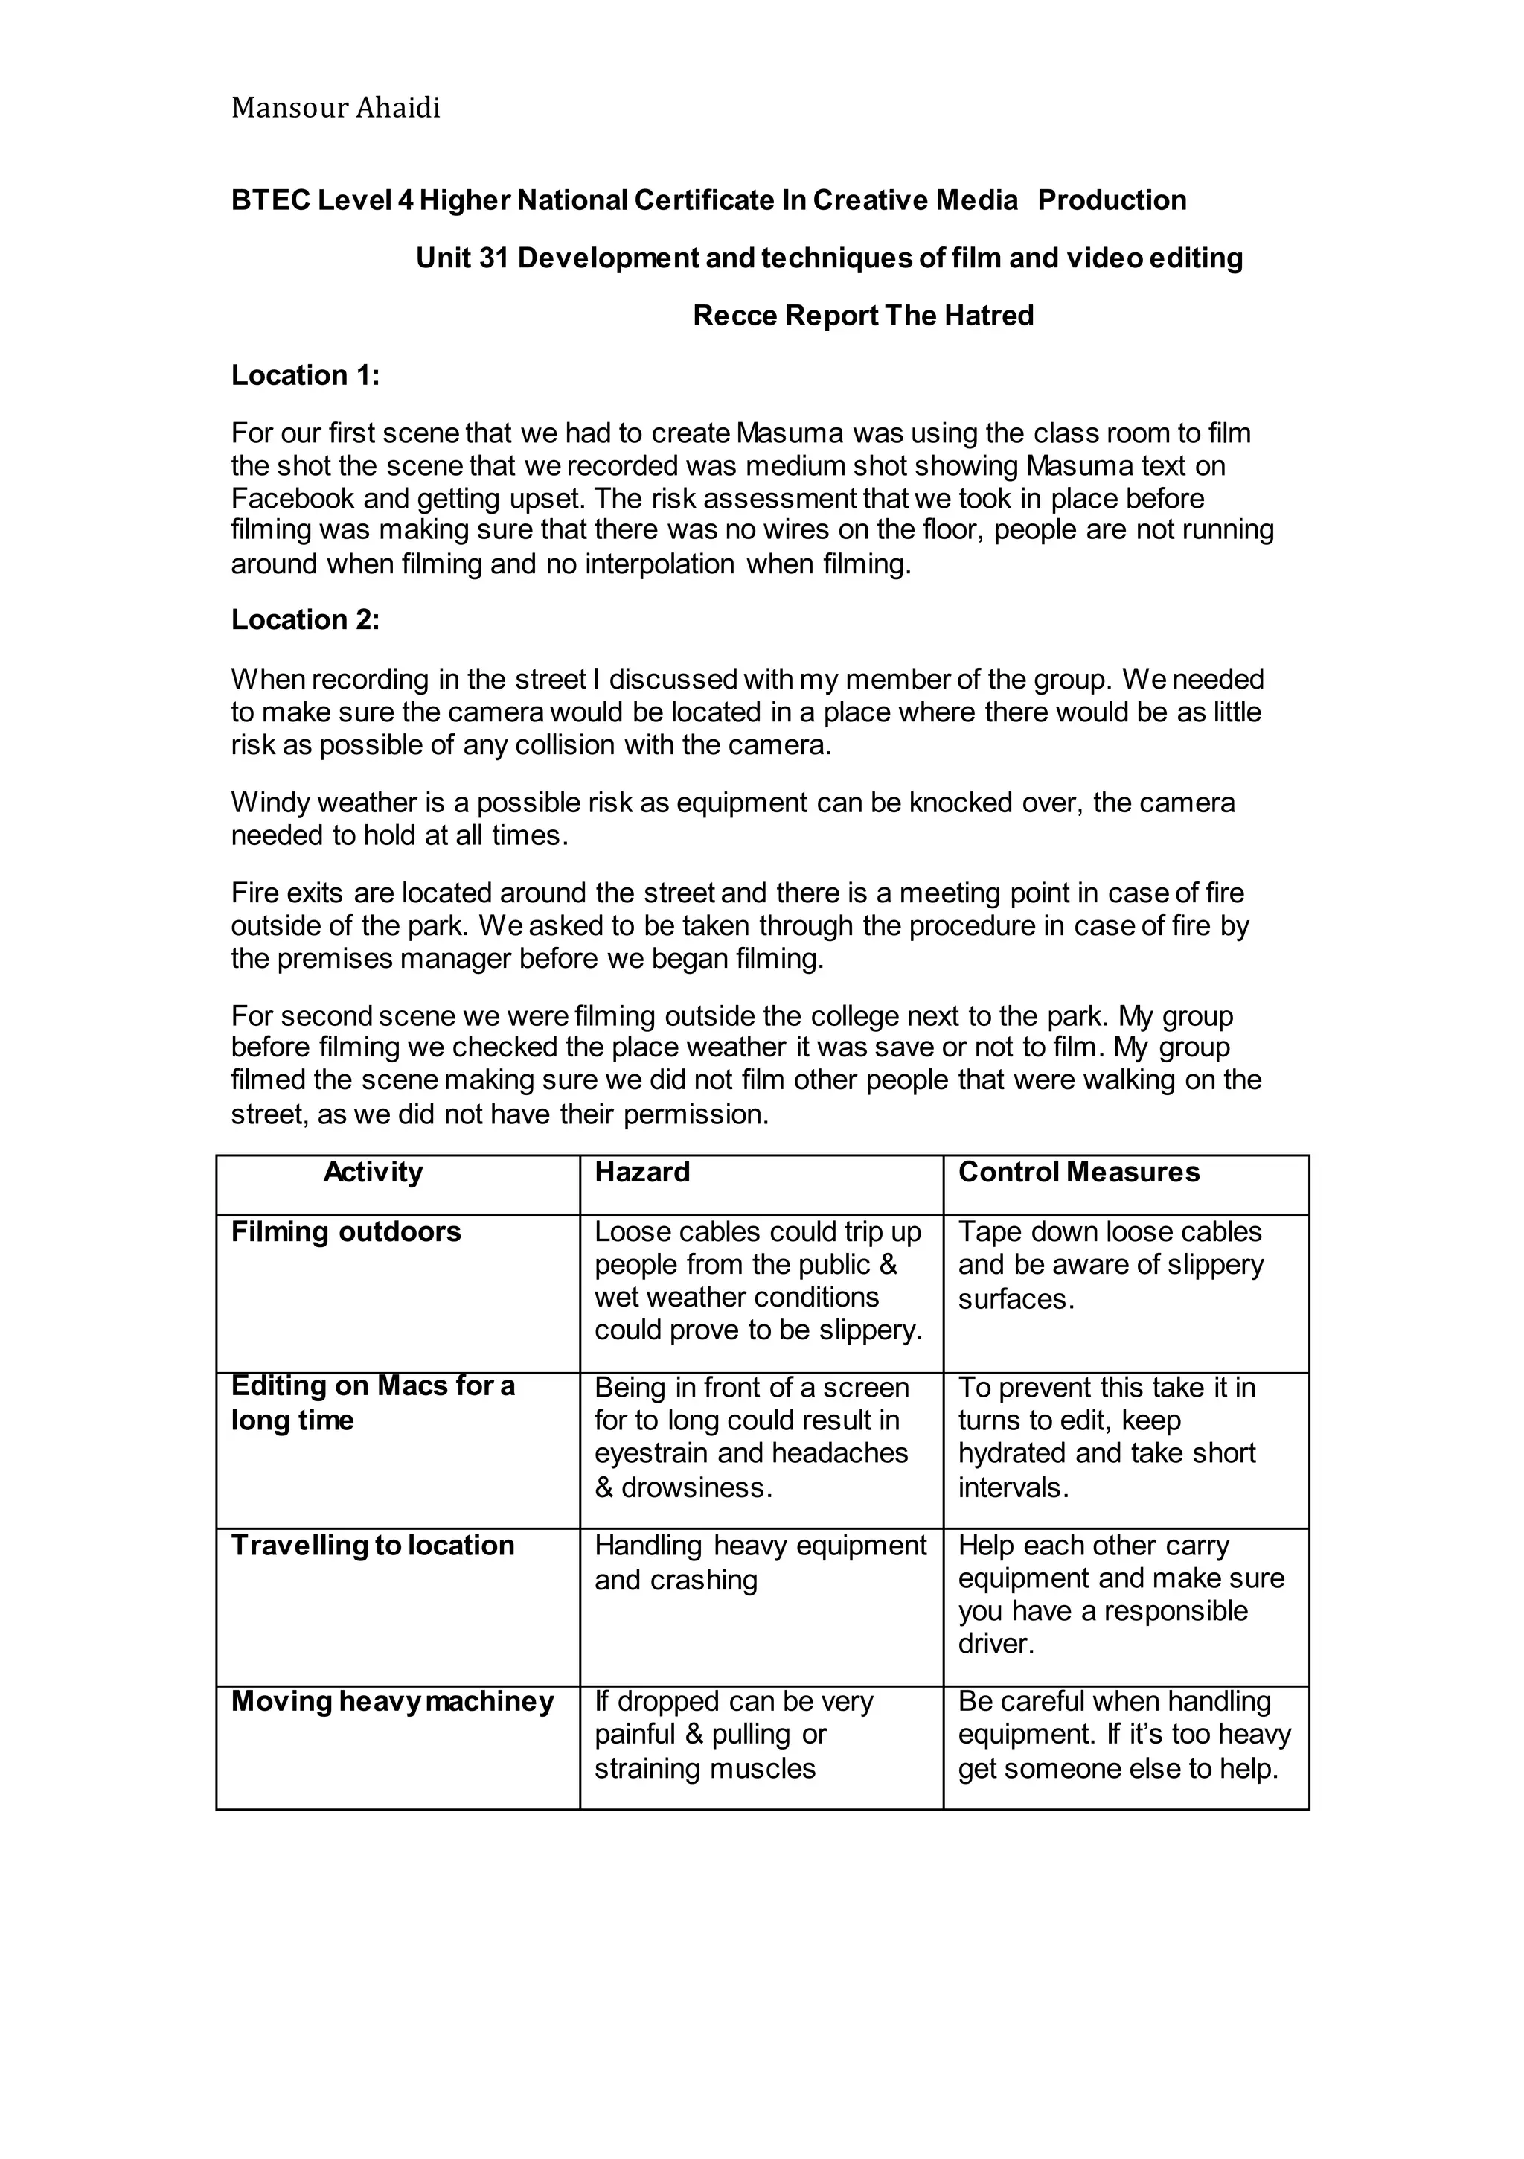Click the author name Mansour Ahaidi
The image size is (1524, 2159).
tap(336, 108)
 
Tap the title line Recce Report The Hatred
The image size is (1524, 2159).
tap(862, 315)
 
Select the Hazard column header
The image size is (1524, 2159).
tap(642, 1172)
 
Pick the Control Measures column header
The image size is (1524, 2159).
tap(1078, 1172)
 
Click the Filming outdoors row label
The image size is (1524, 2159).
tap(346, 1232)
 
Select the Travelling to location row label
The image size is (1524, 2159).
tap(372, 1545)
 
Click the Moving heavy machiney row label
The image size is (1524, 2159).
tap(392, 1701)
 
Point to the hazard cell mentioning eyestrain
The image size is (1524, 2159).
tap(750, 1437)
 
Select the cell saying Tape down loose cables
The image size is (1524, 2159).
tap(1110, 1265)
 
